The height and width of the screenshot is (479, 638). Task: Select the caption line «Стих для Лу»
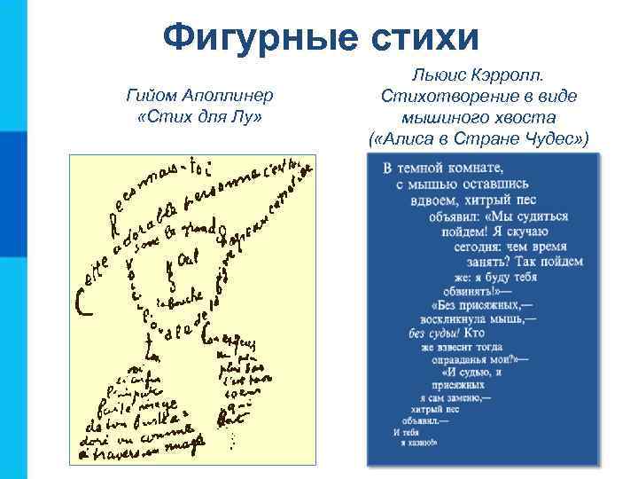click(x=195, y=117)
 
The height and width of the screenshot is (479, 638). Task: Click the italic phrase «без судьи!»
click(x=432, y=333)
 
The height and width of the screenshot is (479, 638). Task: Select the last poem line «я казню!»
click(x=416, y=440)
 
